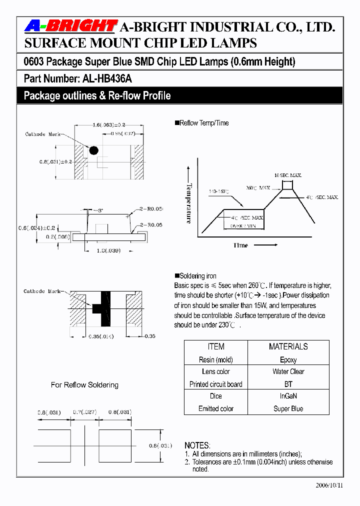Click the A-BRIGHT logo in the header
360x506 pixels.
[70, 26]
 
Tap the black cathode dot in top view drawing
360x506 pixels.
[93, 150]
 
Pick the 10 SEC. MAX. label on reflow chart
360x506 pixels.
[287, 175]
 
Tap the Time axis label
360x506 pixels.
[240, 245]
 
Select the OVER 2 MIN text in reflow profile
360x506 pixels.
[243, 226]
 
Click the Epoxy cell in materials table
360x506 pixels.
[288, 359]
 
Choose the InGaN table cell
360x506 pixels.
[288, 395]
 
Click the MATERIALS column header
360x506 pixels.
[288, 346]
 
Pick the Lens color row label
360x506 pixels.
[215, 371]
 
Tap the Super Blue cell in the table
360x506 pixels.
[288, 408]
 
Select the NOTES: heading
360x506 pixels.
[197, 445]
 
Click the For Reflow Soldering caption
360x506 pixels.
[84, 385]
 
